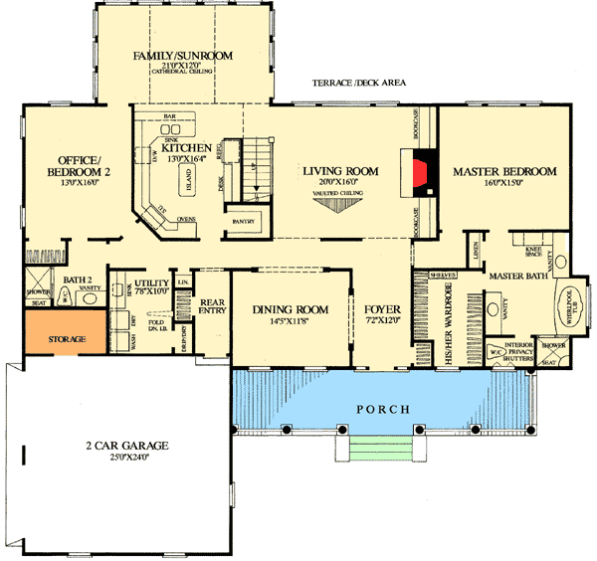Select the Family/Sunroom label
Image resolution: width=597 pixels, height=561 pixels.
(x=183, y=56)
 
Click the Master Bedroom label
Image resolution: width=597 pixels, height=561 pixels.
(x=503, y=172)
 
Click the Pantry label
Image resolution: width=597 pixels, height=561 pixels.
(x=243, y=221)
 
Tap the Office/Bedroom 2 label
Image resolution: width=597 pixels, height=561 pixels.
(x=76, y=166)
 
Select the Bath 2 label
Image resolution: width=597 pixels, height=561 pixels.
(x=77, y=281)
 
